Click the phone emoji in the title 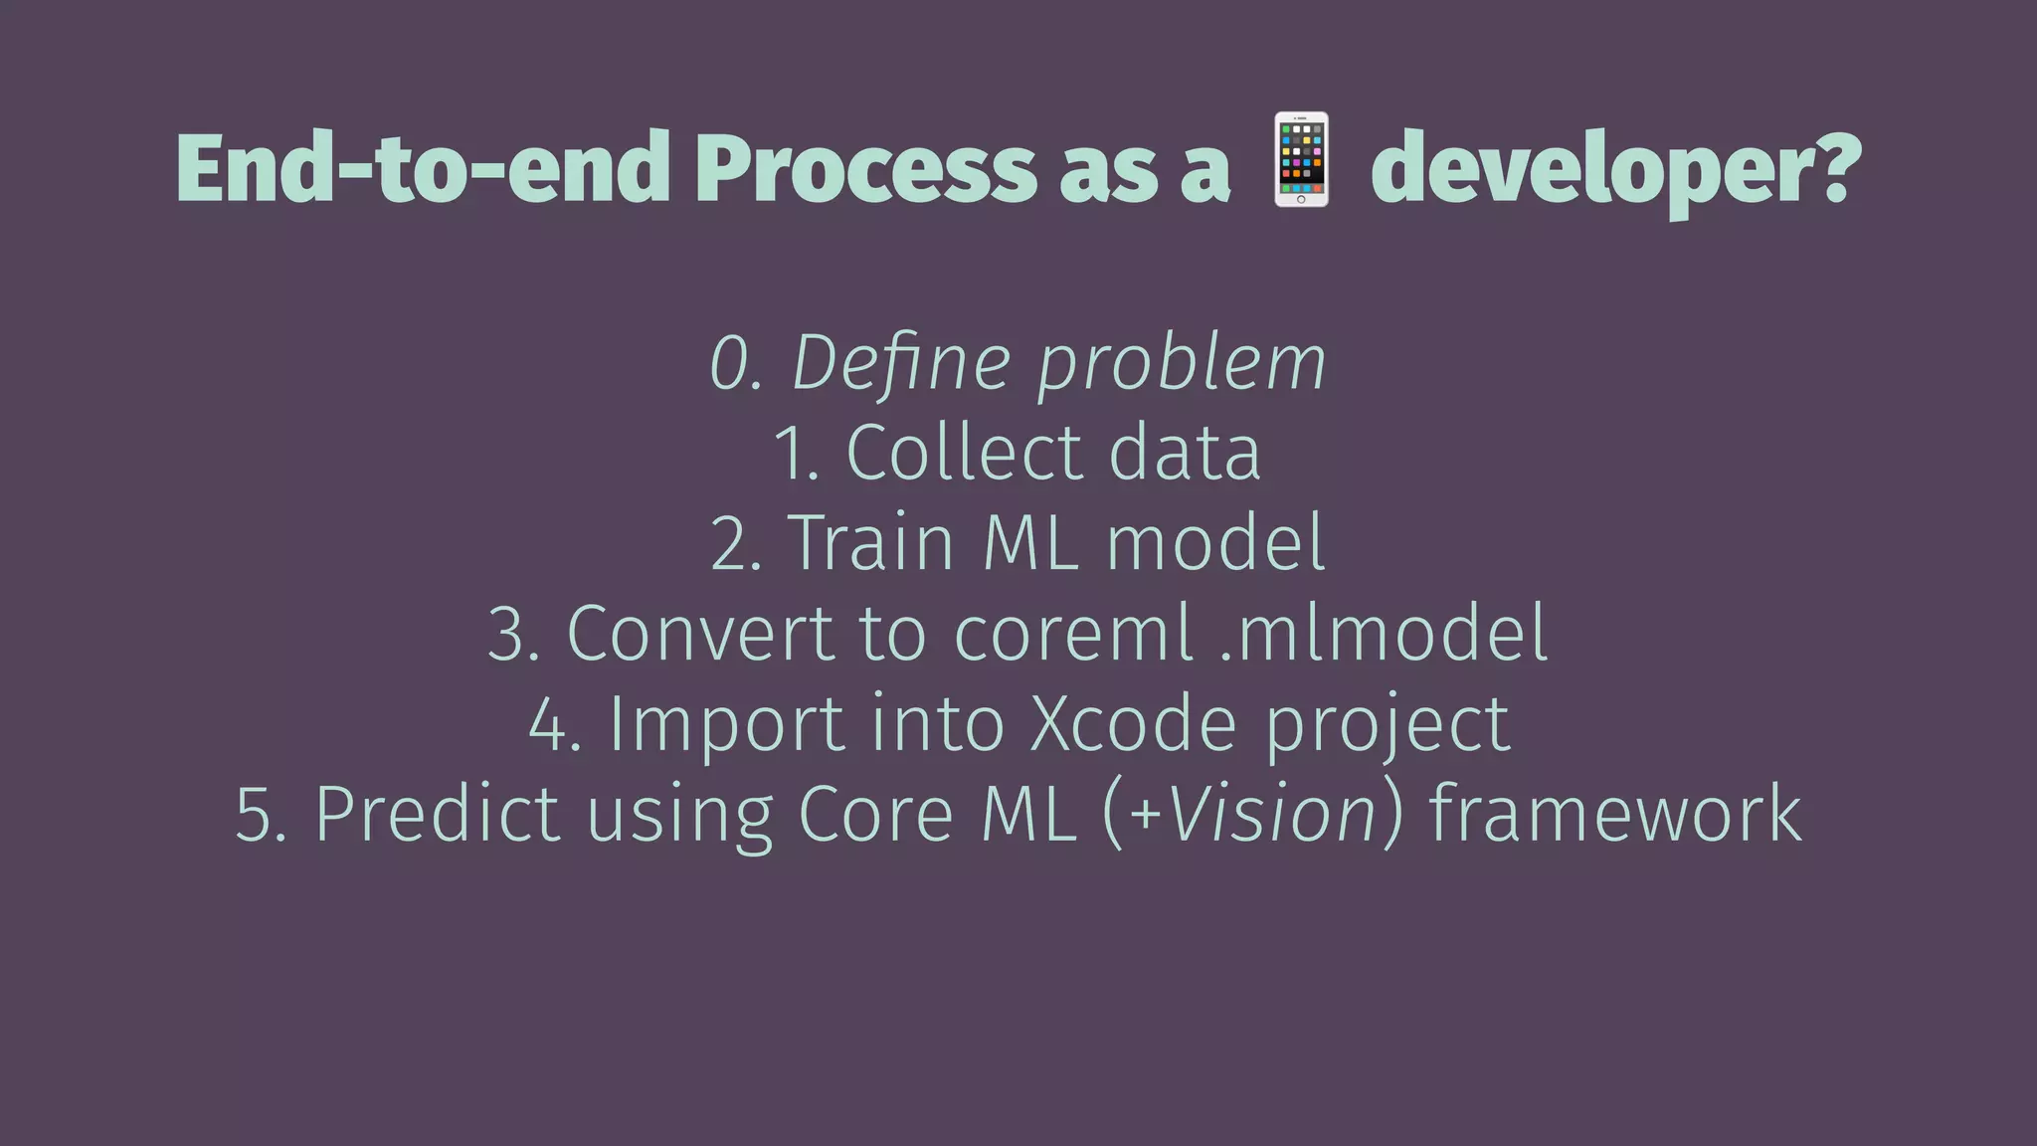1301,160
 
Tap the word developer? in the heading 1615,171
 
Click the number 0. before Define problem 735,364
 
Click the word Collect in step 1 963,453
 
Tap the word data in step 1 1185,453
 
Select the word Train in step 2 871,543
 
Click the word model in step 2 1215,543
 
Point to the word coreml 1072,634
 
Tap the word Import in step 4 726,724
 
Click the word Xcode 1133,724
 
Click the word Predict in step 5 437,815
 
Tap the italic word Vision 1272,815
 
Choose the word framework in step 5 1614,815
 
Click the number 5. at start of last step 261,815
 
